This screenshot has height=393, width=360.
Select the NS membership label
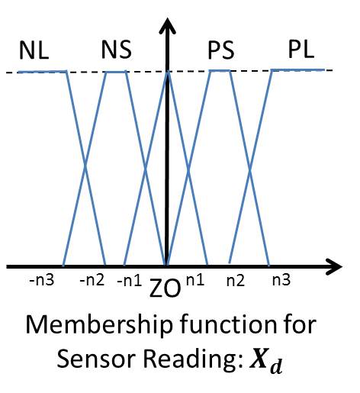[x=116, y=51]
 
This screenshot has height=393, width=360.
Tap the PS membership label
[x=223, y=51]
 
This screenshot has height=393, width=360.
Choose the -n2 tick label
[x=92, y=280]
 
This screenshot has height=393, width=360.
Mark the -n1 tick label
[x=128, y=280]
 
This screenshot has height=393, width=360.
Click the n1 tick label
[x=195, y=280]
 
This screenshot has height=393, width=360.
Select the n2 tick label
[x=236, y=280]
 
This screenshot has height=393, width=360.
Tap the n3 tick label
[x=279, y=280]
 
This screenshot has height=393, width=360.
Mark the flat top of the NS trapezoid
[x=116, y=72]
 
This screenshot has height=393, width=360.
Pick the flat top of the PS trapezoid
[x=220, y=70]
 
